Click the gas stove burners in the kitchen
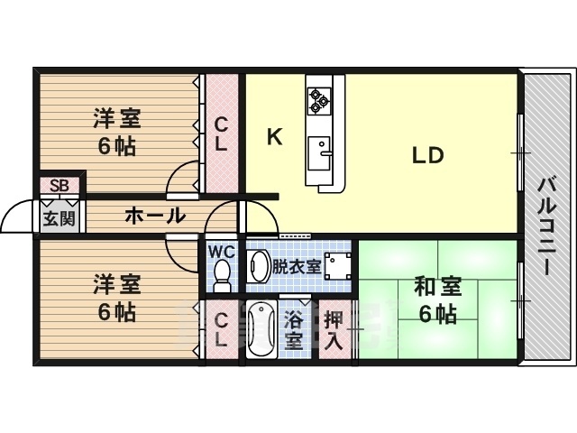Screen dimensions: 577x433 point(318,100)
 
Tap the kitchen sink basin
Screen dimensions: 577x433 point(318,153)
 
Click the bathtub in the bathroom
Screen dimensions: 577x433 point(261,328)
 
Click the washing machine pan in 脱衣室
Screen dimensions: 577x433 point(336,265)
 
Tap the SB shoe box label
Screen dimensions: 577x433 point(60,185)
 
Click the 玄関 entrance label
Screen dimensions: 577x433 point(60,218)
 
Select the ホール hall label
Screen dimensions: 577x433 point(155,216)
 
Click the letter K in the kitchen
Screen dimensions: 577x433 point(274,136)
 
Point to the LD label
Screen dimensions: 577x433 point(428,155)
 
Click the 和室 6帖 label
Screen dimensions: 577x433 point(438,299)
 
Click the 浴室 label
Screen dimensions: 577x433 point(295,330)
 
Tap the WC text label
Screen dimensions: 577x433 point(222,253)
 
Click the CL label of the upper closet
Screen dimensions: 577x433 point(220,134)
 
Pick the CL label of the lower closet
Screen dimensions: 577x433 point(220,331)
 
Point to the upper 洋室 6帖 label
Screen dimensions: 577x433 point(116,132)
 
